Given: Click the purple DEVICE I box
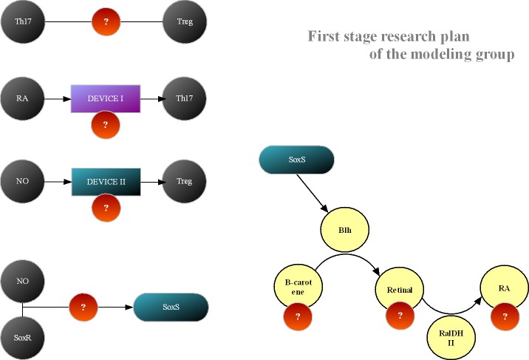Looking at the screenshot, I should coord(106,96).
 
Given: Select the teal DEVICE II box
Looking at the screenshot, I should coord(106,181).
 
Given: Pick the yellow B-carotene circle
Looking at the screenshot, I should coord(295,287).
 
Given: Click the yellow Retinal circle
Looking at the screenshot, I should coord(400,287).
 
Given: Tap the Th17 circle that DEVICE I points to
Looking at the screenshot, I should coord(185,97).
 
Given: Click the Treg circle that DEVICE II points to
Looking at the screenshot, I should coord(185,181).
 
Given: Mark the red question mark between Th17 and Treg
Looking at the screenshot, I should coord(106,22).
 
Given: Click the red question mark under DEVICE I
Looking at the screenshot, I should coord(106,125).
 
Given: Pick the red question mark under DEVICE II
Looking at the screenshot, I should coord(106,208).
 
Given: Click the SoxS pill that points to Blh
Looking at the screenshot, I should coord(296,160).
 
